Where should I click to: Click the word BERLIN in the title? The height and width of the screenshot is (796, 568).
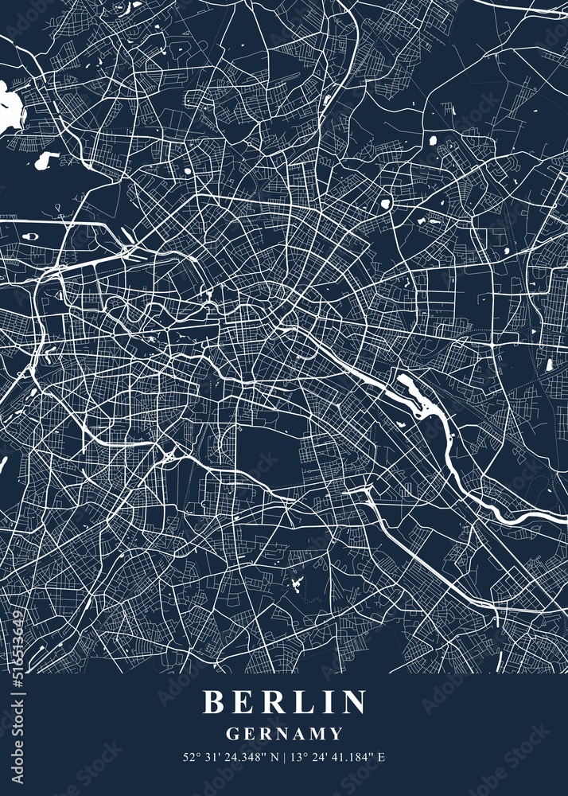[284, 702]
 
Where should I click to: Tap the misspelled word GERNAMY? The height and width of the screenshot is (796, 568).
[284, 734]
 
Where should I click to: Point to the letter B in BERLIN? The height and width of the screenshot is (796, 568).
[212, 702]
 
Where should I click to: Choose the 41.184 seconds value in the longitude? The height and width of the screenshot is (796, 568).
[353, 757]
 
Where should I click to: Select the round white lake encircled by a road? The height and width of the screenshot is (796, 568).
[386, 204]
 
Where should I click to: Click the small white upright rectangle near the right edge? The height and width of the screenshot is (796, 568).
[549, 365]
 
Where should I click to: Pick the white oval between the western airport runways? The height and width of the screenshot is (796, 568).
[32, 236]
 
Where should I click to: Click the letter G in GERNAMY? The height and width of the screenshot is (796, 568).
[231, 734]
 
